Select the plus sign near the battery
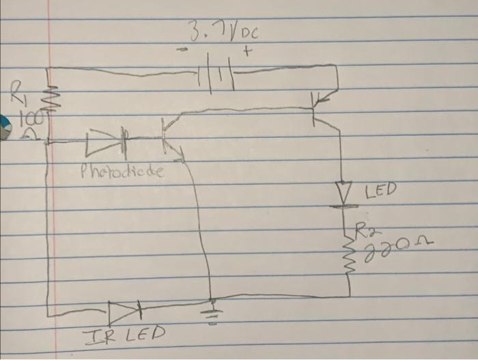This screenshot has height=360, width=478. (247, 51)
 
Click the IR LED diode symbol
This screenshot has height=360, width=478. (126, 312)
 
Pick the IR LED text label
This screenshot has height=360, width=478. (124, 335)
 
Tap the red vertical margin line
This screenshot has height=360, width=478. (49, 219)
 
